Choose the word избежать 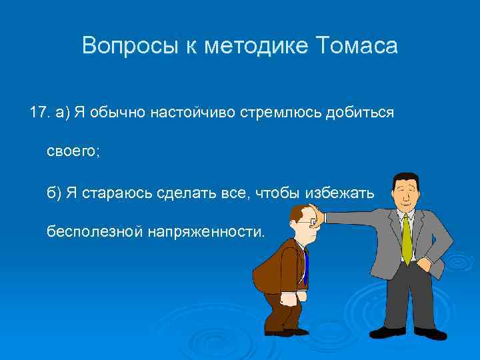point(340,193)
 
